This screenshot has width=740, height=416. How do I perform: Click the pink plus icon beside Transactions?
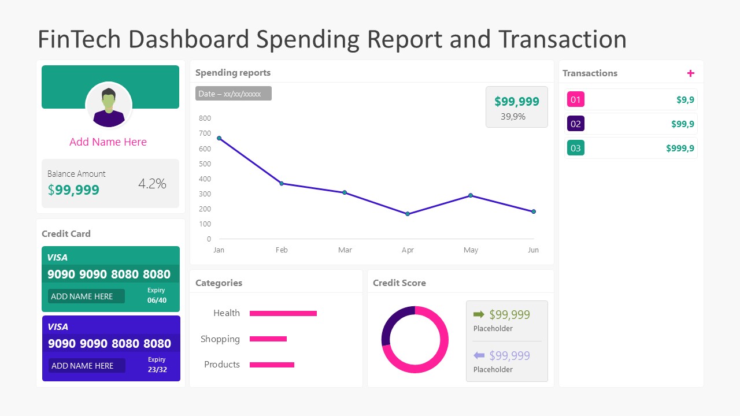click(690, 73)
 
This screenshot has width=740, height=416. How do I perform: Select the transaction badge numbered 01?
click(575, 99)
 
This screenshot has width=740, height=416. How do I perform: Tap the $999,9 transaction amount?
click(680, 148)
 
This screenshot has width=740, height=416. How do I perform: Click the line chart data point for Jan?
click(219, 138)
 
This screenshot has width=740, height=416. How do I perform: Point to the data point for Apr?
click(408, 214)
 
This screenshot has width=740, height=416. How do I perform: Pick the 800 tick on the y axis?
click(205, 118)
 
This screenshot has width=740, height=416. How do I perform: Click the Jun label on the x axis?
click(533, 250)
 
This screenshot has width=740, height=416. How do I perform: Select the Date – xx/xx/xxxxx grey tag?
click(233, 94)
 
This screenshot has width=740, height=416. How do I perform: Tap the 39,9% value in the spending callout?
click(513, 117)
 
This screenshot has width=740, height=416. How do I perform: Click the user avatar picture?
click(109, 105)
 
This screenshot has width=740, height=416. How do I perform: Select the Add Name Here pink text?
click(108, 142)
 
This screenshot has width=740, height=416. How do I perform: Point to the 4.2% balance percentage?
click(152, 184)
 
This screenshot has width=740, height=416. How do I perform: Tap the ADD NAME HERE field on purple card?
click(86, 366)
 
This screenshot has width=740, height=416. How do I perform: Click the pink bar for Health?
click(283, 313)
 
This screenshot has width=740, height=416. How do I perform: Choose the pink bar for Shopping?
click(268, 339)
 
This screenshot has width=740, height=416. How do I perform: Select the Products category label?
click(222, 365)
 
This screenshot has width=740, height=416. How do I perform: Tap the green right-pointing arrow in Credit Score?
click(479, 314)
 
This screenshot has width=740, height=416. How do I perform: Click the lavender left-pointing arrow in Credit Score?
click(479, 355)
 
